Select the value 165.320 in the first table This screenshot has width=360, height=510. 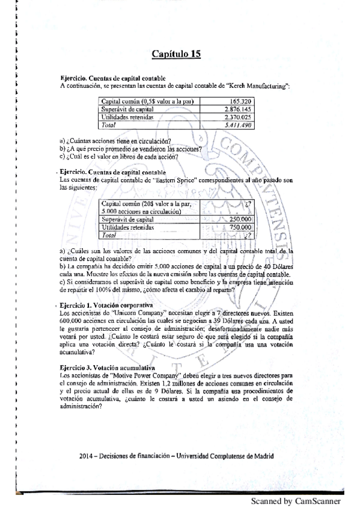click(241, 102)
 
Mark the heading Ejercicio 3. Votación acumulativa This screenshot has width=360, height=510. click(108, 367)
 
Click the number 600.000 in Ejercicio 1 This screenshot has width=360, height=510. click(73, 321)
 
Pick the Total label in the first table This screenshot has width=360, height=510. click(109, 125)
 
